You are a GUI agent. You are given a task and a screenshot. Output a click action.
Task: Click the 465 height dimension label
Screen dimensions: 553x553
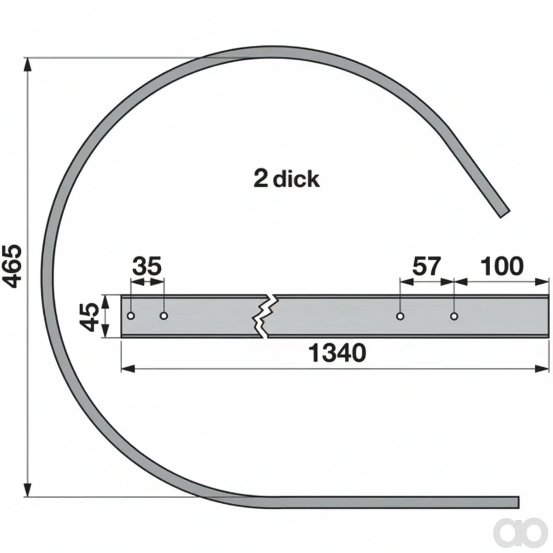tap(12, 266)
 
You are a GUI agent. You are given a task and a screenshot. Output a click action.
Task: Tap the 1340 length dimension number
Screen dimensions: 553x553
tap(337, 353)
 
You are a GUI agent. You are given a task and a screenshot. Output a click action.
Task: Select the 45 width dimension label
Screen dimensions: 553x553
tap(88, 316)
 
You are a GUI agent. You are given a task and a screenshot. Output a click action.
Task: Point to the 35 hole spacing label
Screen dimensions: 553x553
tap(147, 266)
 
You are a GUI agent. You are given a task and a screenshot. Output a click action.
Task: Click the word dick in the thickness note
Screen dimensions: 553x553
tap(296, 179)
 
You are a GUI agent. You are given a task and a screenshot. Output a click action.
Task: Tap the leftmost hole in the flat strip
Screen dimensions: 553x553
tap(131, 316)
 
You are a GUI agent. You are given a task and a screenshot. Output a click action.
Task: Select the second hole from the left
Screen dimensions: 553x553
tap(164, 316)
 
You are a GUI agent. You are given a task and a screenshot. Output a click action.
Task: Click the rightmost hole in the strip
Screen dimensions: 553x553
tap(454, 317)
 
